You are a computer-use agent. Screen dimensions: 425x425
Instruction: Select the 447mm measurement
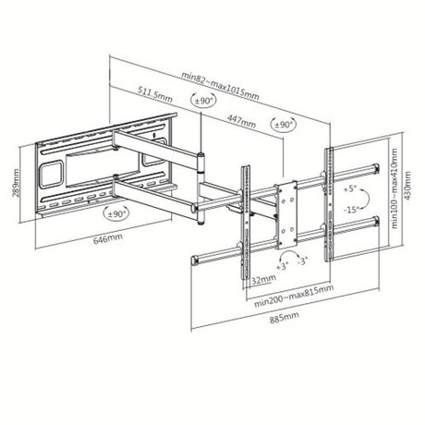tap(238, 119)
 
